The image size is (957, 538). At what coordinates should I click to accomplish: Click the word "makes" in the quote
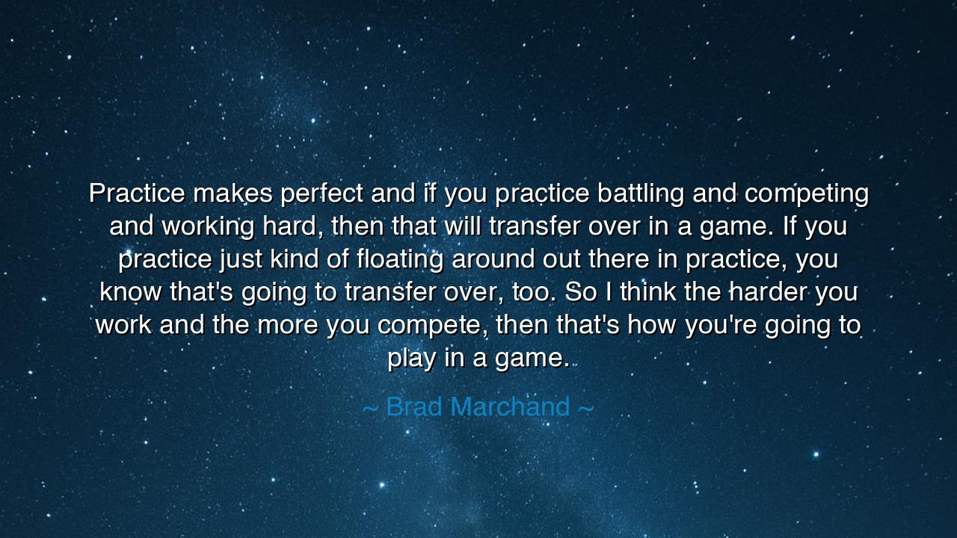(x=233, y=194)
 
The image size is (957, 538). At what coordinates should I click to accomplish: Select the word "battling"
(x=640, y=194)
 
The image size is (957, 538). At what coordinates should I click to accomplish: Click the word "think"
(x=648, y=292)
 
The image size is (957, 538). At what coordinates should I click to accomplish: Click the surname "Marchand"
(x=511, y=406)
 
